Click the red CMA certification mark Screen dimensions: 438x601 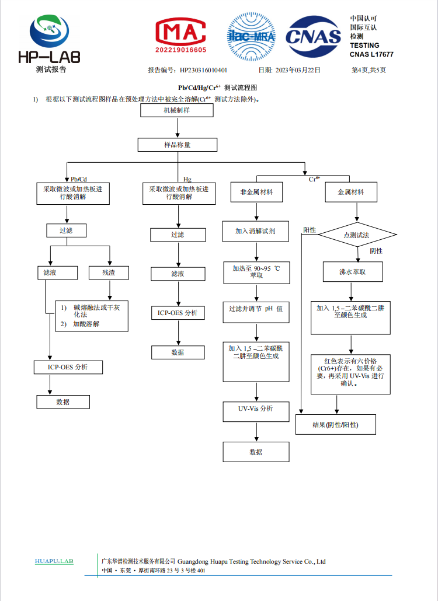[180, 35]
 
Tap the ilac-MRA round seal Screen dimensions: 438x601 [251, 36]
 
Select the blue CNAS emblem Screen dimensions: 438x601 [314, 36]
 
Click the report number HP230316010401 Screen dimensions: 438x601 [203, 70]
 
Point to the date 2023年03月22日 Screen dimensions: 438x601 [298, 70]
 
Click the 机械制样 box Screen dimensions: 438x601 [177, 110]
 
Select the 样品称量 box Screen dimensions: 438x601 [178, 145]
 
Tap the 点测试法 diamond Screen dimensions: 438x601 [357, 235]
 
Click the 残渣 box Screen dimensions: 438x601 [109, 272]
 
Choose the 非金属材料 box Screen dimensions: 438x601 [256, 192]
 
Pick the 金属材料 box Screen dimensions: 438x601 [351, 192]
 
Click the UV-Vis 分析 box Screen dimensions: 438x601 [256, 411]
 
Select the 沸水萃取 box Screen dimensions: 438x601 [353, 272]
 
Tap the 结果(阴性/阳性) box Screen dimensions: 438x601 [336, 424]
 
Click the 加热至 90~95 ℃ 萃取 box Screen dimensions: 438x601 [256, 272]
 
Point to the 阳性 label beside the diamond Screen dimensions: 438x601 [310, 230]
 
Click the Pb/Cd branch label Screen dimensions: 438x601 [79, 179]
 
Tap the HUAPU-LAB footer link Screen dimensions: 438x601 [54, 561]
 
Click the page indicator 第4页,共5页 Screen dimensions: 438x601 [369, 70]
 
